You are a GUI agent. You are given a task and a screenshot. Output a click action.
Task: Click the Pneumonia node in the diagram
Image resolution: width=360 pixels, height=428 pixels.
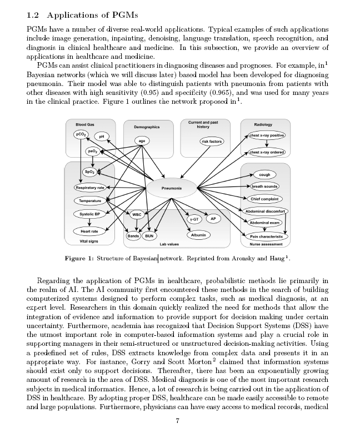[172, 188]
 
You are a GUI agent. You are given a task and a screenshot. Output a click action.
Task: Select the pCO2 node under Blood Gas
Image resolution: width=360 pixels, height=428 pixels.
[79, 134]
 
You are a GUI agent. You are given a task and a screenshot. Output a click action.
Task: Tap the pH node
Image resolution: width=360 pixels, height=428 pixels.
[101, 137]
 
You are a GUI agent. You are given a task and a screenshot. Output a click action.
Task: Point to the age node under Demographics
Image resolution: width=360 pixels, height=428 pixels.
[142, 141]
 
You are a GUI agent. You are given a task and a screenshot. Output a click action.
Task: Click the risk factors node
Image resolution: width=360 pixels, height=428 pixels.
[211, 142]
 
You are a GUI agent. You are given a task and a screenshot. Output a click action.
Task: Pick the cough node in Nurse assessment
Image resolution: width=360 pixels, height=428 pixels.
[264, 175]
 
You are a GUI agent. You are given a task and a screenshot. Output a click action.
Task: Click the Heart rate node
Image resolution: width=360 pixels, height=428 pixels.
[89, 231]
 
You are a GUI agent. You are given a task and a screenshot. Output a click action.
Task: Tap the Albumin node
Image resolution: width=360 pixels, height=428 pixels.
[198, 235]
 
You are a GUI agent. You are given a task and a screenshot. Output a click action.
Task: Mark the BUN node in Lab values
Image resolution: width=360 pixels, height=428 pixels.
[149, 236]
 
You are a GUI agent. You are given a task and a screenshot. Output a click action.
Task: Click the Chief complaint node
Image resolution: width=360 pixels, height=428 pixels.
[266, 199]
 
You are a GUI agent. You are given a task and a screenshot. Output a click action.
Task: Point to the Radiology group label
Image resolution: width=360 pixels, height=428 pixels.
[263, 125]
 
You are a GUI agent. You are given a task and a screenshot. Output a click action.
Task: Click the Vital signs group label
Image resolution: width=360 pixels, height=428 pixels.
[89, 241]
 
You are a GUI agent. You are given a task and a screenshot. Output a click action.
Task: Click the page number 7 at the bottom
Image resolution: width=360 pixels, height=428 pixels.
[177, 420]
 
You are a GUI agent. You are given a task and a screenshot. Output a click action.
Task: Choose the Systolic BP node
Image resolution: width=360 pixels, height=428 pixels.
[89, 214]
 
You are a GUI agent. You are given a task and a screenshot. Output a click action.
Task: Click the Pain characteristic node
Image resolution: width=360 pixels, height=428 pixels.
[266, 236]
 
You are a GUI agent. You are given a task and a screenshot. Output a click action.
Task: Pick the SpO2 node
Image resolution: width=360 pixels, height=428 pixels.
[89, 172]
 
